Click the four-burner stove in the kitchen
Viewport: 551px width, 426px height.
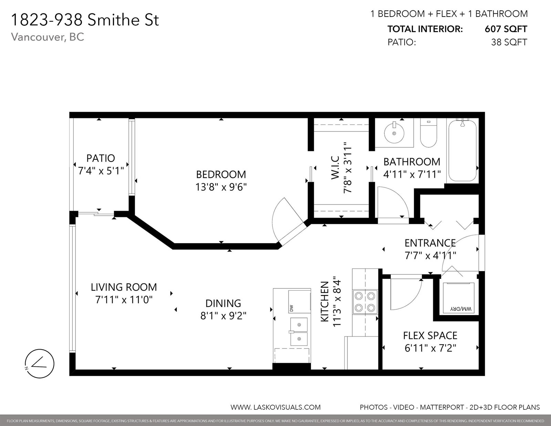[x=365, y=302]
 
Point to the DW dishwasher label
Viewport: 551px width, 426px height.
[x=291, y=309]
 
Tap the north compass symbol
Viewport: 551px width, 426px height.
[x=40, y=364]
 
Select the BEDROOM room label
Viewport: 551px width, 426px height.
[x=221, y=175]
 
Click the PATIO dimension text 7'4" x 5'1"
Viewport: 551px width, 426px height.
[x=101, y=171]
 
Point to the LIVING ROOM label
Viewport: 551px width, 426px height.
[x=124, y=287]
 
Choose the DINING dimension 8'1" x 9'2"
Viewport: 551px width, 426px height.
[x=223, y=316]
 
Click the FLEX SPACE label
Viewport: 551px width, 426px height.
[x=430, y=336]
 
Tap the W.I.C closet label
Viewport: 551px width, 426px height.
[x=335, y=168]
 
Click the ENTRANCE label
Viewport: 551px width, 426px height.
[x=430, y=243]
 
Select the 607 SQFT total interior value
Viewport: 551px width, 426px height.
[x=506, y=29]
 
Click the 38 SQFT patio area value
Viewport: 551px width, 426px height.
[x=509, y=42]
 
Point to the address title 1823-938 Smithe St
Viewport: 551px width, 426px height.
[x=85, y=20]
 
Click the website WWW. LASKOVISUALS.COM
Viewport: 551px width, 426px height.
[x=275, y=407]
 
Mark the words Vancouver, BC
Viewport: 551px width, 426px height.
[x=48, y=37]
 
